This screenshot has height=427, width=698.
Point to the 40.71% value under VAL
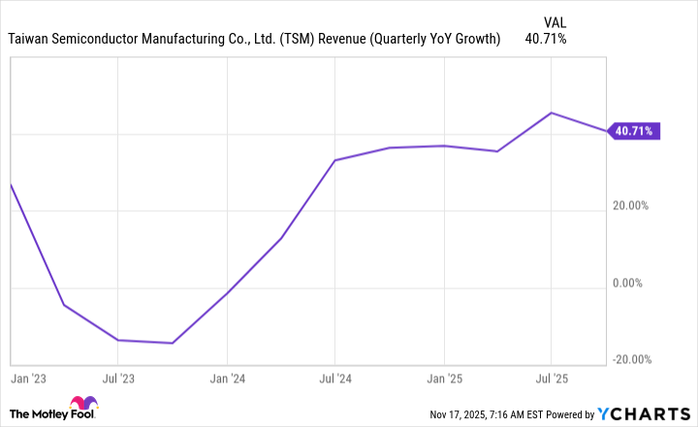point(545,39)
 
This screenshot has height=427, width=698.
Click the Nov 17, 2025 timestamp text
point(492,415)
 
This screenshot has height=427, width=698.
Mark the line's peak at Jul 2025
point(552,113)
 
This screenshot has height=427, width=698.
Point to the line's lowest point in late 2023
point(173,343)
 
